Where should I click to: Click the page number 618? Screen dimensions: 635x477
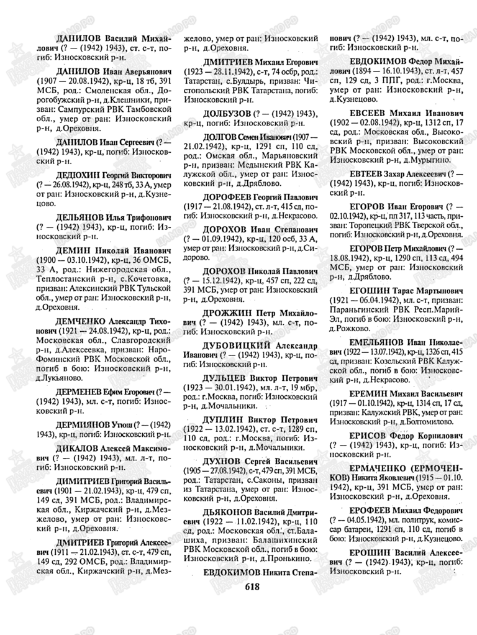click(253, 586)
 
